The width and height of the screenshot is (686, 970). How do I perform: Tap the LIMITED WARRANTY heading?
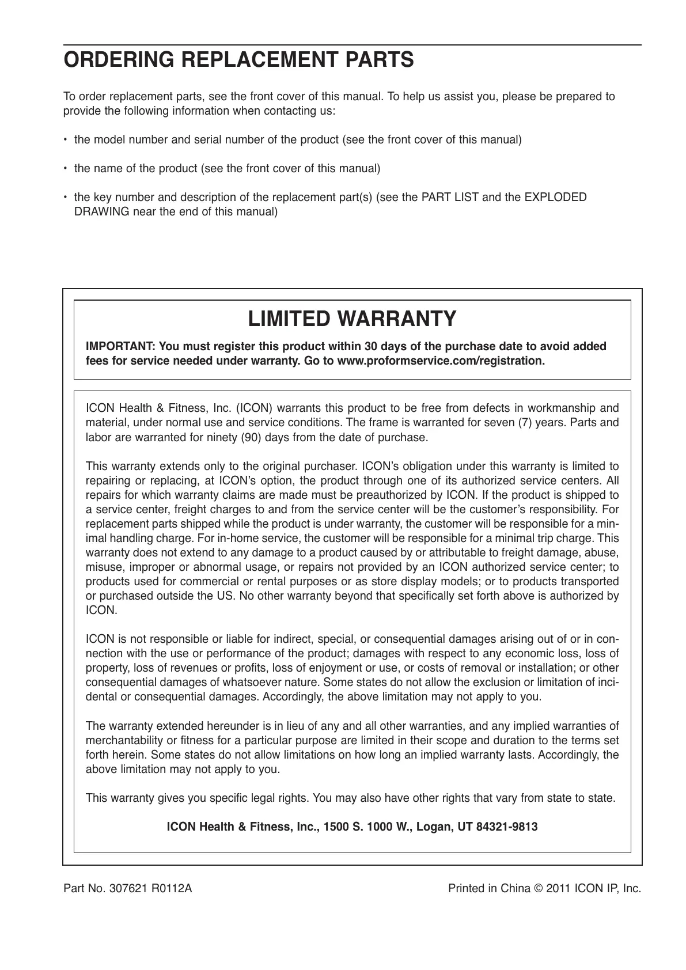click(352, 319)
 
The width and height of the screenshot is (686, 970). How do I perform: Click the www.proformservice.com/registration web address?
click(440, 361)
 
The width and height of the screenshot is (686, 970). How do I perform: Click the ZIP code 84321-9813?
click(509, 827)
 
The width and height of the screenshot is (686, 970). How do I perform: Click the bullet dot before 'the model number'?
click(66, 140)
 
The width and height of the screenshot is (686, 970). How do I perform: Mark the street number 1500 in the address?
click(336, 827)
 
